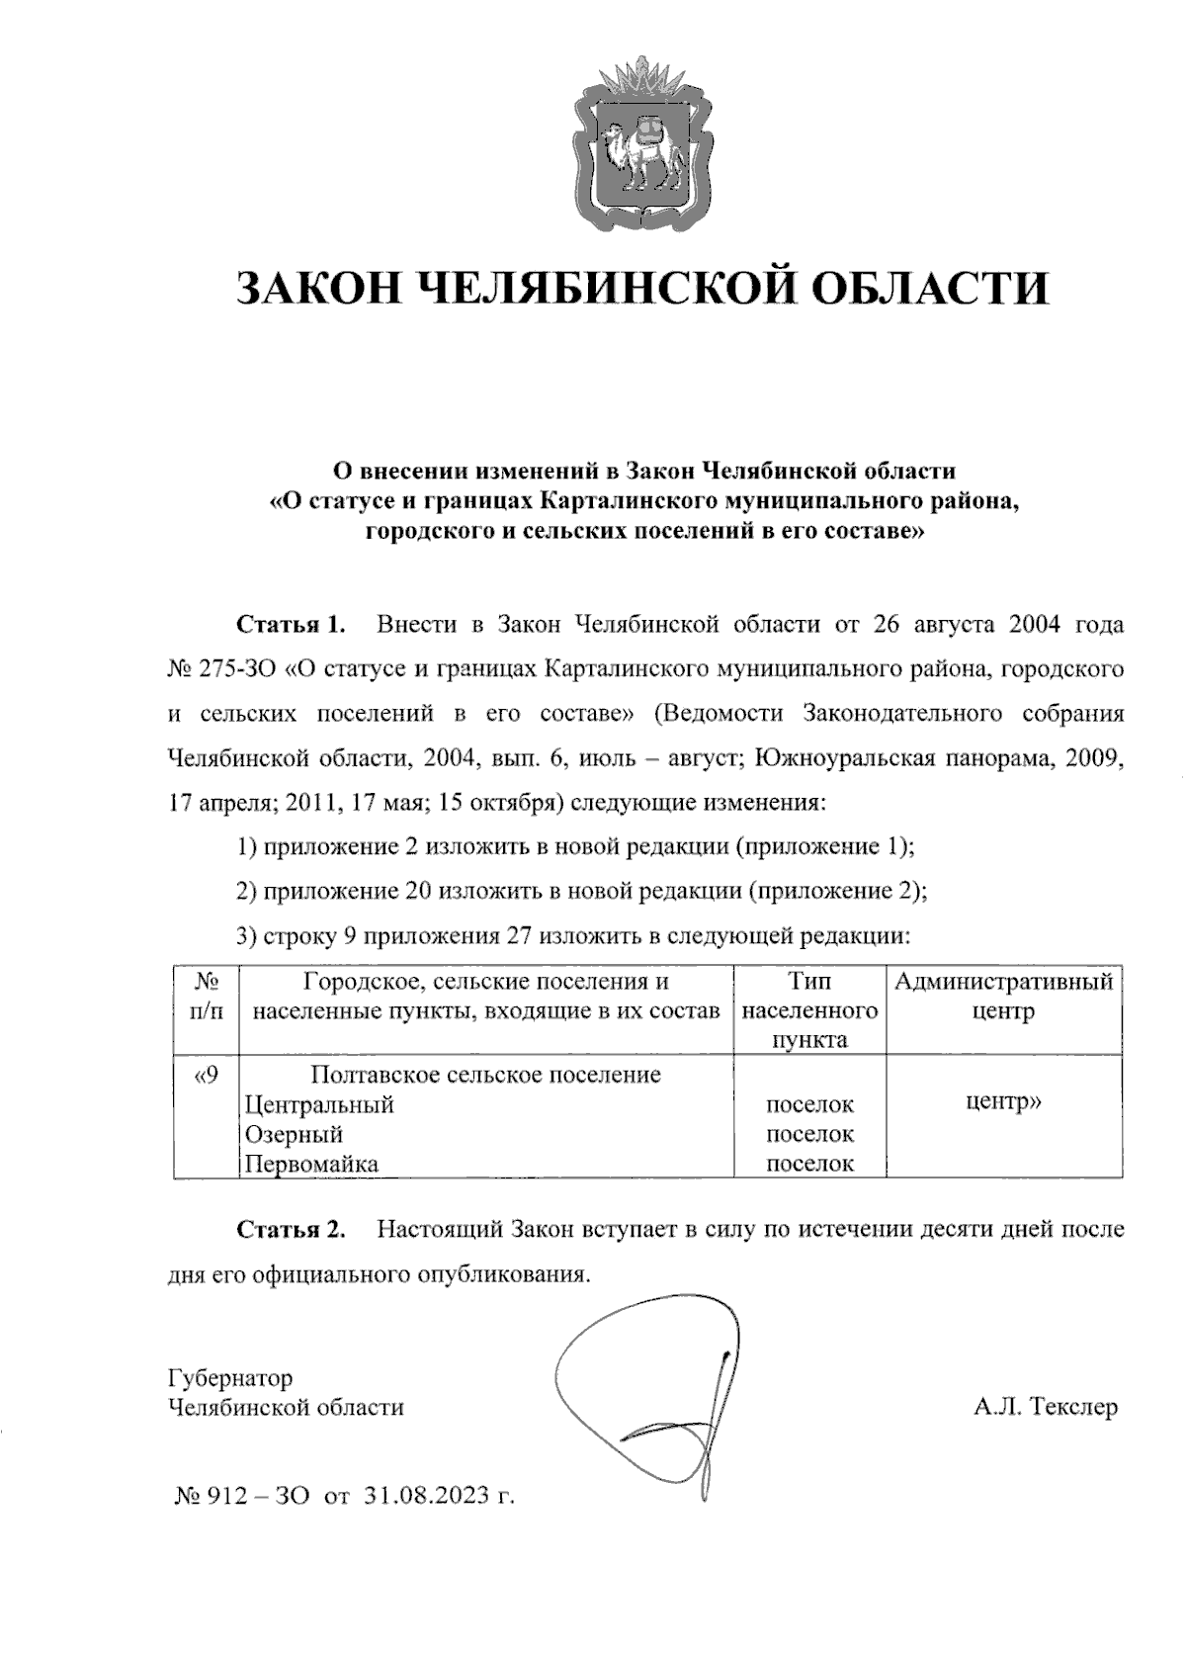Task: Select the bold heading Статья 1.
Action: point(291,625)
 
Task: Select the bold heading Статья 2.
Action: point(291,1230)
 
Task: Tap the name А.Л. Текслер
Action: point(1046,1406)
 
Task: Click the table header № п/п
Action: point(206,997)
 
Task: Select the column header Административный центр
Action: point(1003,997)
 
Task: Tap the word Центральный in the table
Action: point(318,1104)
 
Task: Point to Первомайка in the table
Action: point(311,1164)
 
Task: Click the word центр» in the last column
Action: point(1003,1101)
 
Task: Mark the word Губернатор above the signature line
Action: point(230,1377)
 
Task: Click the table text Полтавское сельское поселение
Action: point(485,1075)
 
